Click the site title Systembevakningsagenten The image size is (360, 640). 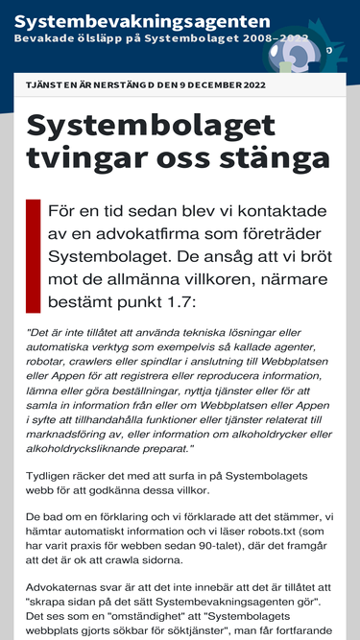(x=142, y=20)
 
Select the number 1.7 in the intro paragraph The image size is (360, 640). (x=176, y=301)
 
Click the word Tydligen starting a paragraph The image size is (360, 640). (x=54, y=477)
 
